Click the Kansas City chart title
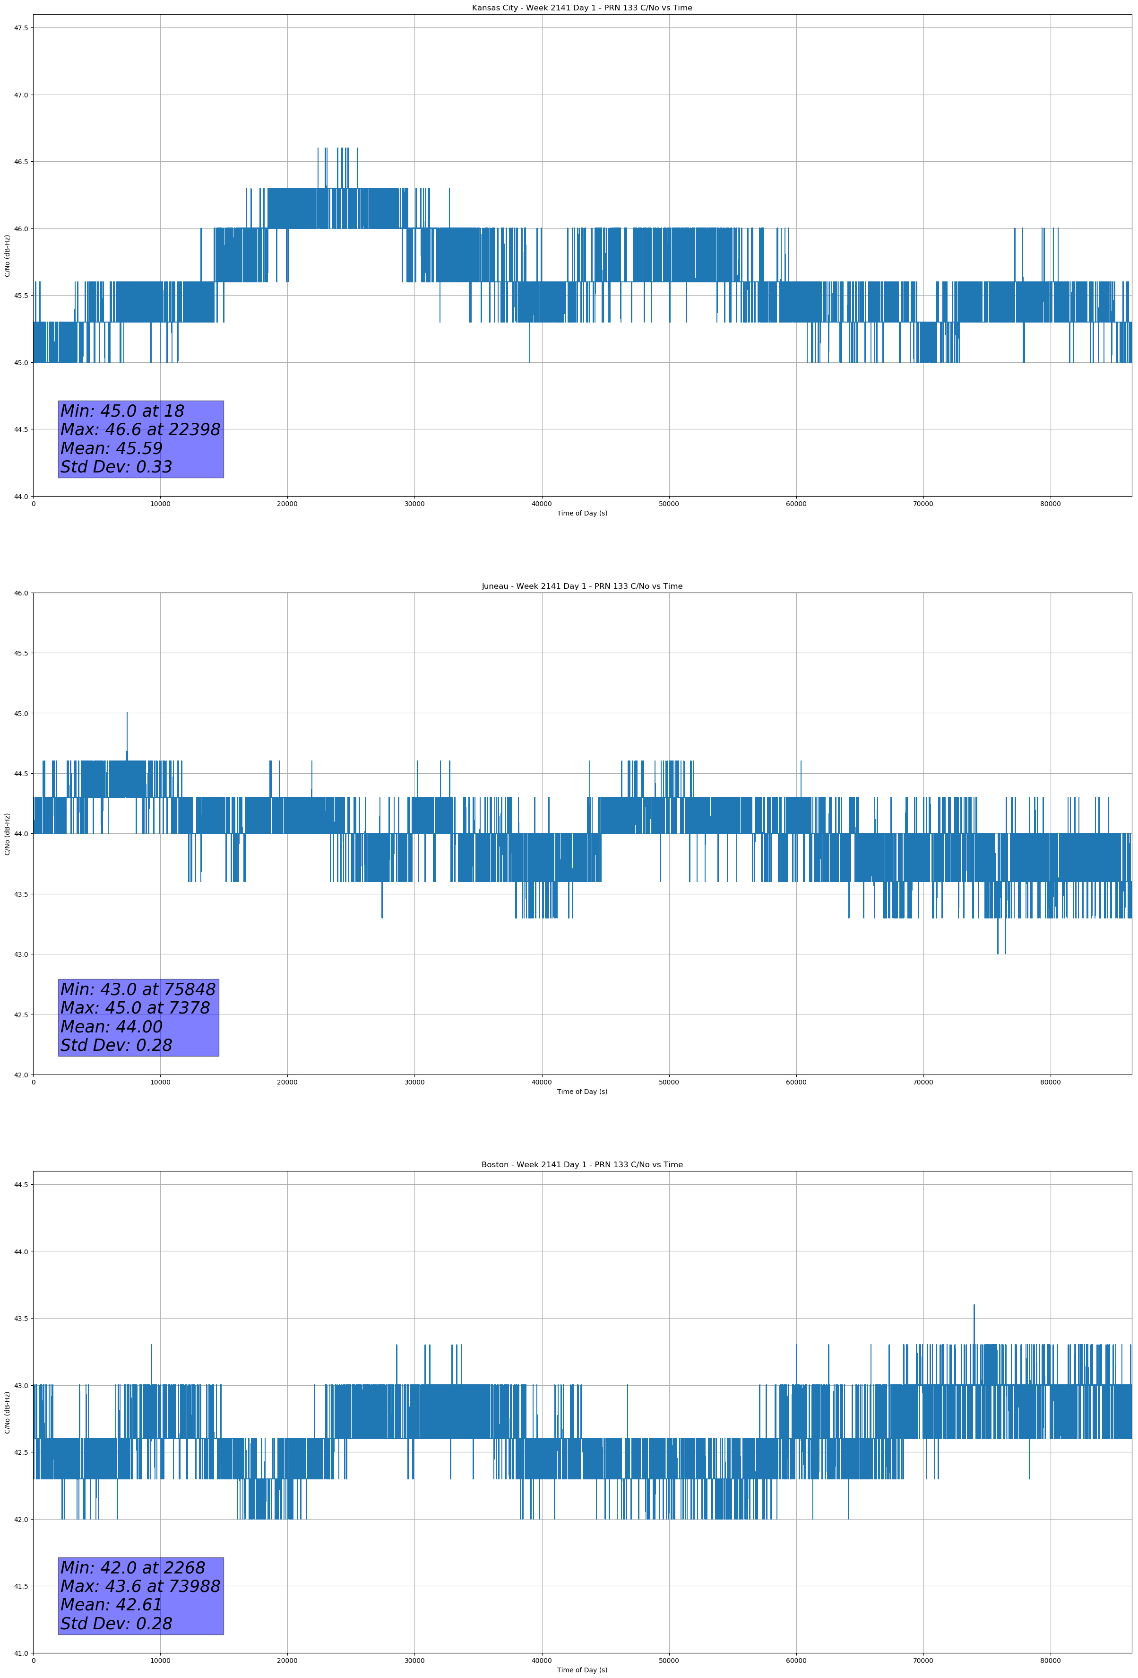[582, 8]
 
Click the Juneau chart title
[582, 586]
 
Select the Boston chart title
[582, 1165]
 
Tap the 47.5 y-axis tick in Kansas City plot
[20, 28]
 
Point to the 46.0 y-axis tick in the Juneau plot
[20, 594]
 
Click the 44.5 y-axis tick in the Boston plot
[20, 1185]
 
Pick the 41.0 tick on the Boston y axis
[20, 1653]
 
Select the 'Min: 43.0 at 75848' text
[138, 989]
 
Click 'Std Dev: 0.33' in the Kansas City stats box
[116, 467]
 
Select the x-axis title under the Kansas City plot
[582, 513]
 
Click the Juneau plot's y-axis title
[7, 834]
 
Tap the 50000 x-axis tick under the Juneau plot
[669, 1082]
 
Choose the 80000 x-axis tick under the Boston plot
[1050, 1660]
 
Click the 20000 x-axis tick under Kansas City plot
[287, 504]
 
